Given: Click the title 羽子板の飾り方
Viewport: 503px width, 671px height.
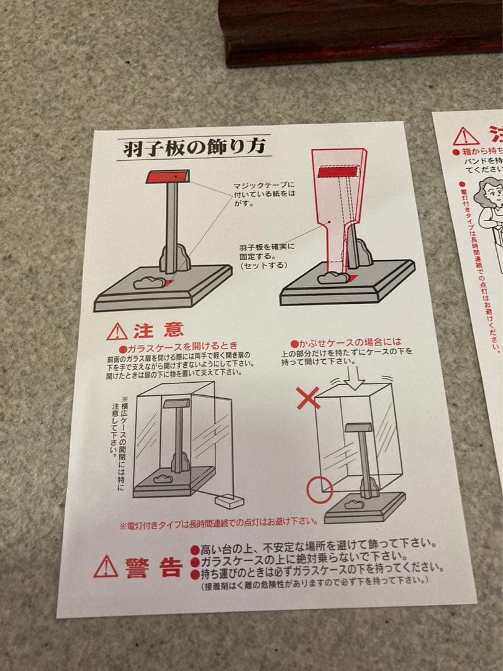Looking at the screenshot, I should click(193, 147).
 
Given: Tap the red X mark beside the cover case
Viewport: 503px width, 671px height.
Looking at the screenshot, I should click(307, 398).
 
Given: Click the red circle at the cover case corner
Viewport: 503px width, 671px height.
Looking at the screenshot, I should click(319, 490).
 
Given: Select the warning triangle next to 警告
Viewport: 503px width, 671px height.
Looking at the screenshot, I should click(106, 567).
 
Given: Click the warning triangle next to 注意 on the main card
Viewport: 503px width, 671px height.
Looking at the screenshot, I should click(117, 331).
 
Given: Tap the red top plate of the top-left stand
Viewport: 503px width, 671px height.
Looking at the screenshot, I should click(167, 176).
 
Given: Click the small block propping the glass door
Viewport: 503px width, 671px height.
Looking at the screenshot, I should click(229, 501).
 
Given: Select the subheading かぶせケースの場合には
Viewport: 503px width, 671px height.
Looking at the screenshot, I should click(346, 342).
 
